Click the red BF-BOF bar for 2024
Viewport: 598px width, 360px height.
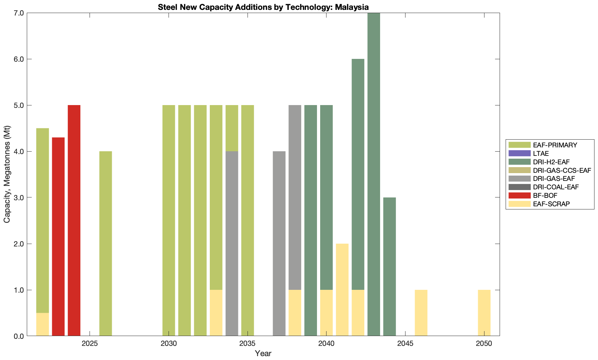point(74,220)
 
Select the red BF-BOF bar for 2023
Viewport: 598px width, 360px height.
point(58,236)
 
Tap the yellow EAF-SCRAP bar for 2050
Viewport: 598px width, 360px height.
point(484,313)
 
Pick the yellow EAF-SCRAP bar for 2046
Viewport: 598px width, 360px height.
point(421,313)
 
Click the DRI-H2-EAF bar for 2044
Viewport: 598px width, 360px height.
point(390,267)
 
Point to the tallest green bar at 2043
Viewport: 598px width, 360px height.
point(374,175)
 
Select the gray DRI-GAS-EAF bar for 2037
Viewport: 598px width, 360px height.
point(279,243)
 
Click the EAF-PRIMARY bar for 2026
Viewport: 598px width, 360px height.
point(106,243)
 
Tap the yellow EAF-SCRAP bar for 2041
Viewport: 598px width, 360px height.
point(342,290)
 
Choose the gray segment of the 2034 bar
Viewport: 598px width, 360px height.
point(232,243)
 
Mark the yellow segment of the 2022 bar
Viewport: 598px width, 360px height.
point(43,324)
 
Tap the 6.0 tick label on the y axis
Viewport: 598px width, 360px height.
point(19,59)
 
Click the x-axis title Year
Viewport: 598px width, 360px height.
point(263,353)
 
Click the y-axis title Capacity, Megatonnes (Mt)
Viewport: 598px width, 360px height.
point(7,174)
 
